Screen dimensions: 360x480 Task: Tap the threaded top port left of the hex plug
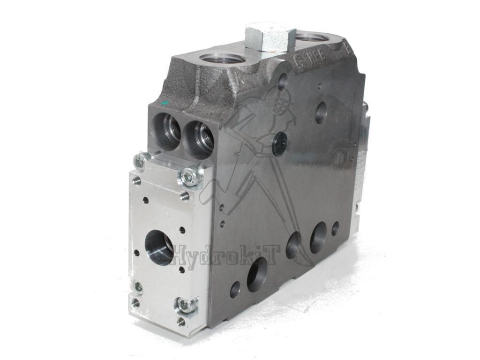pyautogui.click(x=222, y=59)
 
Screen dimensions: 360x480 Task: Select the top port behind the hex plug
pyautogui.click(x=313, y=37)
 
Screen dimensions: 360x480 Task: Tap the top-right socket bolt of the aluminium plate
pyautogui.click(x=189, y=176)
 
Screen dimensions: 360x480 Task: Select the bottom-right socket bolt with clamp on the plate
pyautogui.click(x=186, y=305)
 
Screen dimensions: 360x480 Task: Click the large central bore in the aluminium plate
pyautogui.click(x=159, y=247)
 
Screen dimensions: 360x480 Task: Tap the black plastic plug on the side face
pyautogui.click(x=280, y=143)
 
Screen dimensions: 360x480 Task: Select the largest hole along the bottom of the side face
pyautogui.click(x=257, y=274)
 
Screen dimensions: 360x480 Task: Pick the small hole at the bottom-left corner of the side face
pyautogui.click(x=235, y=289)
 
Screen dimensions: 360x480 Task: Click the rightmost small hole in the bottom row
pyautogui.click(x=335, y=228)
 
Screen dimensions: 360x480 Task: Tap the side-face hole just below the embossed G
pyautogui.click(x=283, y=82)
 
